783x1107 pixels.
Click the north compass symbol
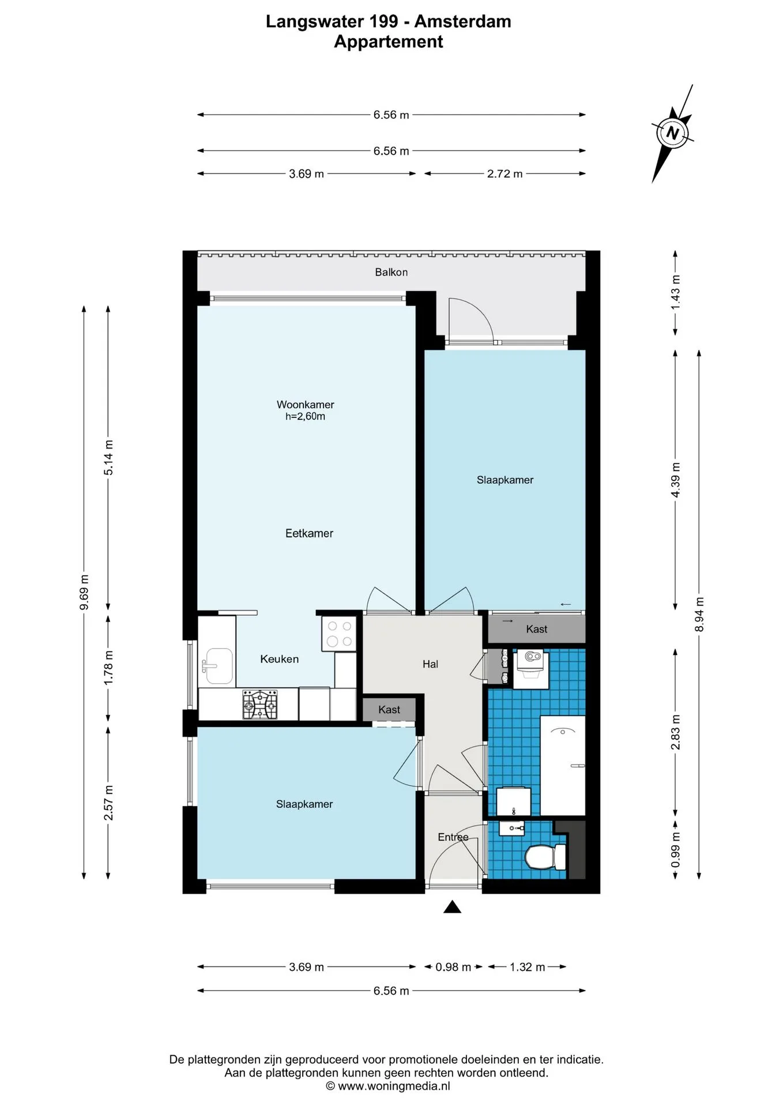(x=672, y=134)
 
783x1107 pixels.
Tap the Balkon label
(x=391, y=272)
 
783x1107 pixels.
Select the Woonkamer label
(x=305, y=405)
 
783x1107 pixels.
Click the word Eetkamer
(x=309, y=533)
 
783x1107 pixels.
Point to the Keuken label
(x=279, y=659)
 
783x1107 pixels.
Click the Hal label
(x=430, y=664)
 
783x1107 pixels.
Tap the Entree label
(x=453, y=837)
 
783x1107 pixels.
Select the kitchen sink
(x=217, y=666)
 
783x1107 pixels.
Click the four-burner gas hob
(x=259, y=704)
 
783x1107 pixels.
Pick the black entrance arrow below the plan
(x=453, y=907)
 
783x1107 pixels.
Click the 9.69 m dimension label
(x=84, y=592)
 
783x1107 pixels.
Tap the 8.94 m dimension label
(x=699, y=614)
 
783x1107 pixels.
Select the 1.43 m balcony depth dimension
(x=675, y=292)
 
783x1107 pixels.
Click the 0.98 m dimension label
(x=453, y=967)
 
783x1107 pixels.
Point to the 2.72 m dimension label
(x=505, y=174)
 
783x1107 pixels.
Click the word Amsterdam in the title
(x=462, y=21)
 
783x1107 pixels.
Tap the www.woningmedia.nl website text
(x=394, y=1086)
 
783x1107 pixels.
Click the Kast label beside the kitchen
(x=389, y=710)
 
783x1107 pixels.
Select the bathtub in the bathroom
(x=563, y=765)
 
